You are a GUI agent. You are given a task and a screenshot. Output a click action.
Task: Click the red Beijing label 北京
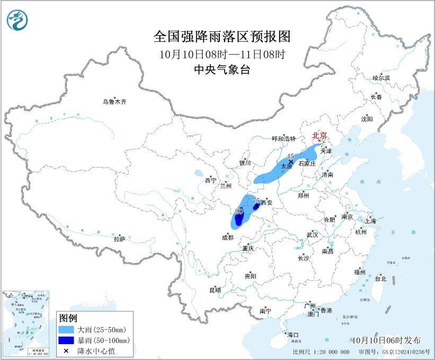click(319, 135)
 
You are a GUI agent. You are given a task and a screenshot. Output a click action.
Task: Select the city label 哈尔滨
click(380, 78)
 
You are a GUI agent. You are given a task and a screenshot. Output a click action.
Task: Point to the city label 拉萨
click(119, 239)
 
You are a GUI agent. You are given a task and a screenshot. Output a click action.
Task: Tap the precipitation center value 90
click(239, 211)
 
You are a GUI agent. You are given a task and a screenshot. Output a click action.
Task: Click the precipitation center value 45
click(290, 156)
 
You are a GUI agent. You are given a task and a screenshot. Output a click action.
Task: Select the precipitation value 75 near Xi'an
click(256, 200)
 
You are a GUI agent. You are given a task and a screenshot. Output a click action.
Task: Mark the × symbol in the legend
click(67, 350)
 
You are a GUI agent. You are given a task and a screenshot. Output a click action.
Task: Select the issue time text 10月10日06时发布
click(385, 340)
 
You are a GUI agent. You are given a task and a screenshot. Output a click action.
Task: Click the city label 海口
click(293, 335)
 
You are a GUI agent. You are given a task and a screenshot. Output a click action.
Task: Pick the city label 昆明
click(215, 290)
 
